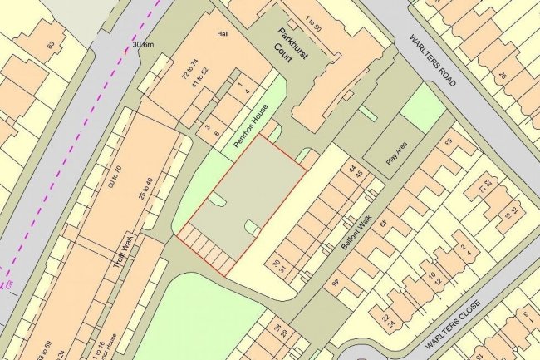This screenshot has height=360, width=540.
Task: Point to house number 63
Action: point(51,43)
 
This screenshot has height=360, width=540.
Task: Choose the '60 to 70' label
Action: point(115,180)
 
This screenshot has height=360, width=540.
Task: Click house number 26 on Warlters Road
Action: point(502,76)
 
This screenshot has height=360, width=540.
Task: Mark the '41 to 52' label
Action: point(197,86)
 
